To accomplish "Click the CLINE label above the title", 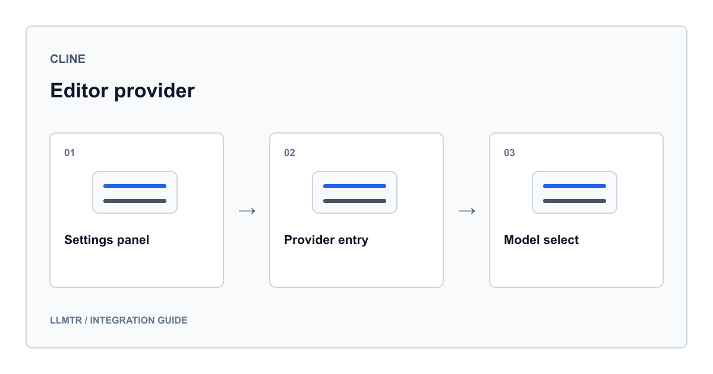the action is tap(68, 59).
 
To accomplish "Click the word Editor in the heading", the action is tap(79, 91).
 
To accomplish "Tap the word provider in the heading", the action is tap(154, 92).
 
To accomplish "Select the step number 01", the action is tap(70, 153).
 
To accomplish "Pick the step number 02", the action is tap(290, 153).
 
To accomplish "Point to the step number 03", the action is tap(509, 153).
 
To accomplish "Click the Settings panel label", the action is tap(106, 240).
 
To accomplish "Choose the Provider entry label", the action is tap(326, 240).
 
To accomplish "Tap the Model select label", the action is tap(541, 240).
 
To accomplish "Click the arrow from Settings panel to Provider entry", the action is tap(247, 211).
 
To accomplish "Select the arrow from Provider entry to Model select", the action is tap(467, 211).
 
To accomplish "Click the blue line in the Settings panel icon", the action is tap(135, 186).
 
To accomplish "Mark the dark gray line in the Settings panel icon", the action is tap(135, 201).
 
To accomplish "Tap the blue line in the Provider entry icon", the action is tap(355, 186).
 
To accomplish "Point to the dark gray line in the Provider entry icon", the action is tap(355, 201).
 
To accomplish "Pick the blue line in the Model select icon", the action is tap(575, 186).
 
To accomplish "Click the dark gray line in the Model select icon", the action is tap(575, 201).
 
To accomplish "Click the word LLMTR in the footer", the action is tap(66, 320).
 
